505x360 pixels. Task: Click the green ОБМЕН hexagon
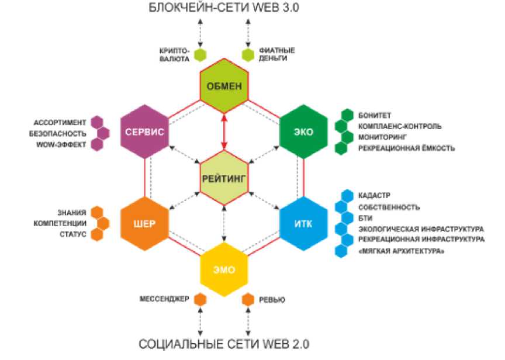pos(224,86)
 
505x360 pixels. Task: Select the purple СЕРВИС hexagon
pos(144,131)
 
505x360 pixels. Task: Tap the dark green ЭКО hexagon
pos(303,131)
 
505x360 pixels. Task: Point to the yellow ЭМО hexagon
pos(224,269)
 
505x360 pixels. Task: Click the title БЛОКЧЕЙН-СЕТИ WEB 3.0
pos(224,9)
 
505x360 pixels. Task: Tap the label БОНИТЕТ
pos(375,115)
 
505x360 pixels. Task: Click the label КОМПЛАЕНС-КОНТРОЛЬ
pos(400,126)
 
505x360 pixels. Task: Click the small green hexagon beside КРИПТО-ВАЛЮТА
pos(200,55)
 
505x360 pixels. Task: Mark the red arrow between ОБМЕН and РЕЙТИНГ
pos(224,132)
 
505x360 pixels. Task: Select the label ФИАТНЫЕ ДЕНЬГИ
pos(276,55)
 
